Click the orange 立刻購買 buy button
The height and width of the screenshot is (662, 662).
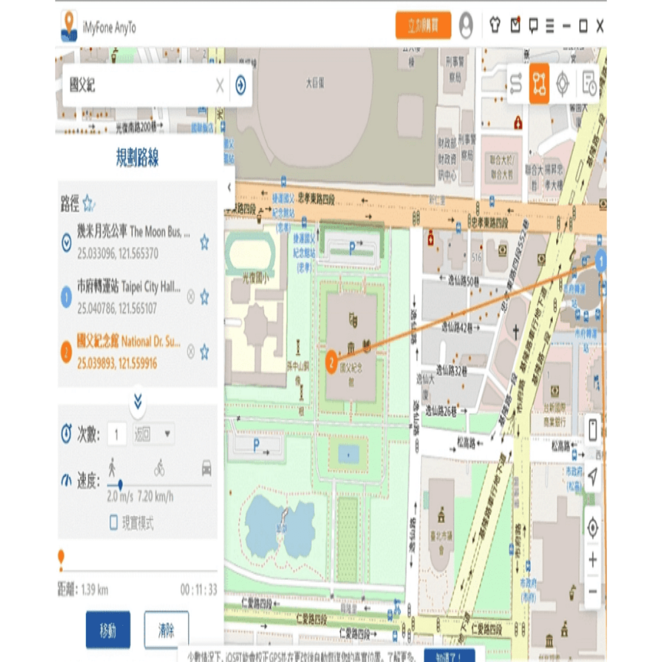423,26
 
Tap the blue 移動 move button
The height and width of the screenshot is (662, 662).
108,630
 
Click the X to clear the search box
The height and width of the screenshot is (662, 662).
220,85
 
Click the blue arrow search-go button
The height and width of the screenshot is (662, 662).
240,85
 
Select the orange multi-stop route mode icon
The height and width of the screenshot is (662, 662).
539,83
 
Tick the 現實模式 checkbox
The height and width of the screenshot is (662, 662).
114,523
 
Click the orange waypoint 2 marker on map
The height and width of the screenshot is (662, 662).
332,362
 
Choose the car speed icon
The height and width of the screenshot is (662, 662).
207,468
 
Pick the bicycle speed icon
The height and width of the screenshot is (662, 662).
160,469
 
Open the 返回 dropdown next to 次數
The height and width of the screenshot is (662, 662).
154,434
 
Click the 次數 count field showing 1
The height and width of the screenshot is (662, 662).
117,434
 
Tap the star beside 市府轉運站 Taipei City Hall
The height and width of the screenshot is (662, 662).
205,296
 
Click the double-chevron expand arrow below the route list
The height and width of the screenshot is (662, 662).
138,401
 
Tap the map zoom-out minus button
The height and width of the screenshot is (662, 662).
592,591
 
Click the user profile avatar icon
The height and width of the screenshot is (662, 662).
466,26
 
